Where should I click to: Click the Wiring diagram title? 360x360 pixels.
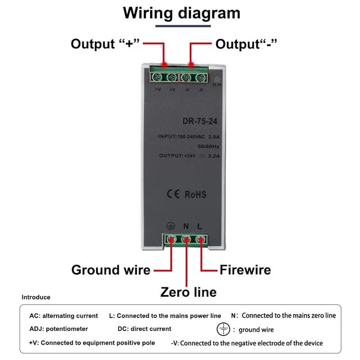[x=181, y=13]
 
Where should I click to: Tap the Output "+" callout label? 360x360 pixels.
[x=105, y=44]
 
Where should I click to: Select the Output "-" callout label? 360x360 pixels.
[x=246, y=44]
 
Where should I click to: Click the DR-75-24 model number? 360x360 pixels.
[x=200, y=121]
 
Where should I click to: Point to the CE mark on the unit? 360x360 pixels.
[x=173, y=194]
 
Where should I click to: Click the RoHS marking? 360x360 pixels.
[x=195, y=194]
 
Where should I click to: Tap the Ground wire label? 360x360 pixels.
[x=111, y=270]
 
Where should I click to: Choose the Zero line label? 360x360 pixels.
[x=188, y=292]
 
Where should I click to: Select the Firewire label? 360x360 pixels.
[x=245, y=270]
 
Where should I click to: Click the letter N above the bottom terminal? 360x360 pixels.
[x=186, y=226]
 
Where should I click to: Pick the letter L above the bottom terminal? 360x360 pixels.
[x=200, y=226]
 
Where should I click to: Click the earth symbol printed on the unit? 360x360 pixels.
[x=171, y=226]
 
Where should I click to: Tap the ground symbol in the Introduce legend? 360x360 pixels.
[x=223, y=329]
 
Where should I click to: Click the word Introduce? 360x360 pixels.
[x=36, y=297]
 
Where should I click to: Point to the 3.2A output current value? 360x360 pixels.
[x=214, y=156]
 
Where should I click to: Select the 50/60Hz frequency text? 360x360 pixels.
[x=208, y=146]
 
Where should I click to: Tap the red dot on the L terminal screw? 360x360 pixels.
[x=201, y=240]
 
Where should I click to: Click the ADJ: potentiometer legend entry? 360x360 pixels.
[x=59, y=329]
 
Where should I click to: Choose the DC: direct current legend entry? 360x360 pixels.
[x=144, y=329]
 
